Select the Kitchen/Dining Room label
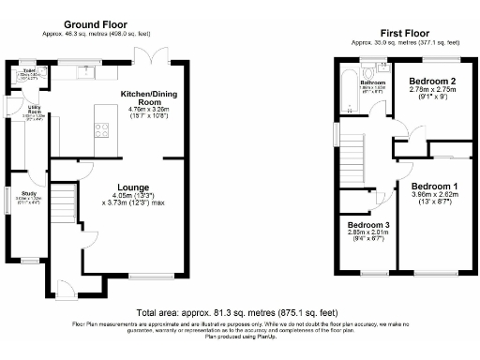tap(144, 100)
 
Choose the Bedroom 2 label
tap(432, 82)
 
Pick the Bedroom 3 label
tap(367, 226)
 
